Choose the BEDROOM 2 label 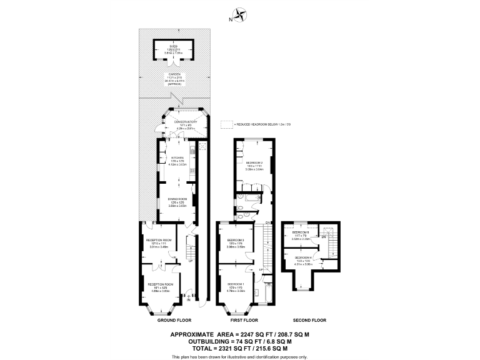(254, 162)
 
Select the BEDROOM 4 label (304, 257)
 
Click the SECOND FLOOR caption (311, 321)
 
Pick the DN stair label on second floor (324, 237)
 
